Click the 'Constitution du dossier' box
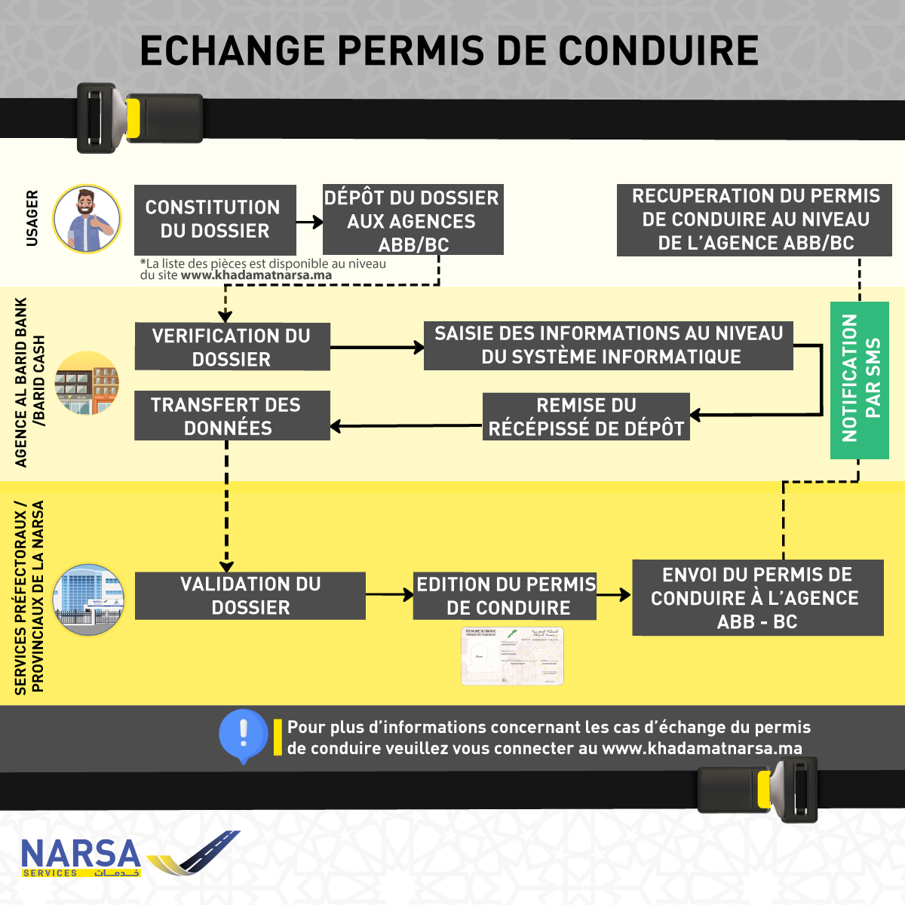tap(215, 219)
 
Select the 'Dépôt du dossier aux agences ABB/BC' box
tap(413, 220)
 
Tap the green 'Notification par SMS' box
tap(859, 379)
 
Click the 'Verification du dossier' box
tap(232, 347)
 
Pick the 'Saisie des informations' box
tap(608, 345)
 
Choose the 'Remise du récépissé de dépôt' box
tap(586, 416)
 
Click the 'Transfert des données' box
tap(232, 416)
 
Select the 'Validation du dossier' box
tap(250, 596)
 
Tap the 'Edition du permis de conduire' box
tap(505, 596)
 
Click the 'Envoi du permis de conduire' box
tap(757, 597)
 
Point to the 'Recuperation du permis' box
tap(754, 219)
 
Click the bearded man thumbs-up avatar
tap(87, 219)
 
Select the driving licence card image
tap(512, 656)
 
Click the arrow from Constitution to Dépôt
tap(309, 222)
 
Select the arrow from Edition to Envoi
tap(614, 595)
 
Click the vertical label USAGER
tap(32, 219)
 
